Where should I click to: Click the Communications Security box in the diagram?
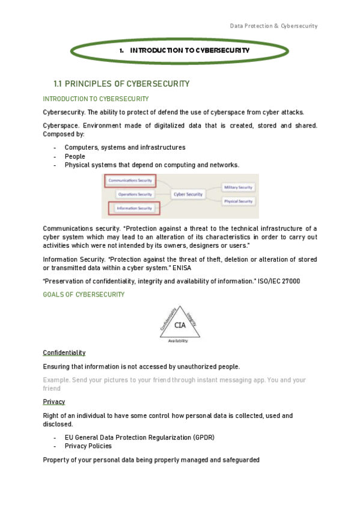click(130, 179)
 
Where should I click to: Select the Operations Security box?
click(135, 194)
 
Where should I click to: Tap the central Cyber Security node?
click(188, 194)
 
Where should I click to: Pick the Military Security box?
click(238, 188)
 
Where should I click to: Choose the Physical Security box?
click(238, 201)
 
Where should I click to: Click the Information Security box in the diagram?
click(135, 208)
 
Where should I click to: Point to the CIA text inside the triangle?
click(180, 325)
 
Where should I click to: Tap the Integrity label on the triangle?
click(192, 318)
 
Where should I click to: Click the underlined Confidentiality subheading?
click(64, 352)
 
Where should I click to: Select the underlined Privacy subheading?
click(54, 401)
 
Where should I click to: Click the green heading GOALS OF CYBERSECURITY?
click(84, 295)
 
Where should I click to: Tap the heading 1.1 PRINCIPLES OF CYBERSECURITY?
click(121, 84)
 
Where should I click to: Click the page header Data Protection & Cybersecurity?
click(273, 26)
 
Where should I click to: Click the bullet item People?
click(75, 156)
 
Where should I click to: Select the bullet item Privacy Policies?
click(88, 446)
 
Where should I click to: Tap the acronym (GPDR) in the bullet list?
click(203, 437)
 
